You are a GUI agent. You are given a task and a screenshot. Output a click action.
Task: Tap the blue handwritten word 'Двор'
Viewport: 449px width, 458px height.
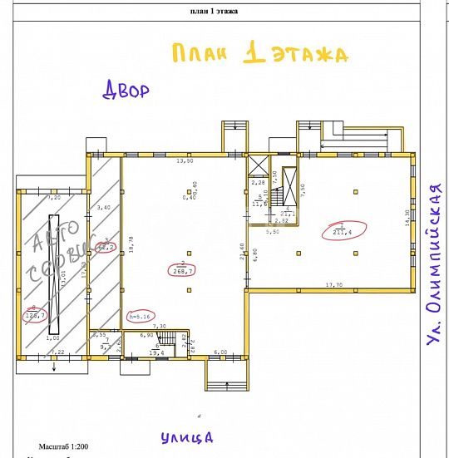coord(126,90)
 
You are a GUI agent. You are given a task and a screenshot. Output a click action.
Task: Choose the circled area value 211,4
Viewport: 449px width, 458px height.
coord(342,231)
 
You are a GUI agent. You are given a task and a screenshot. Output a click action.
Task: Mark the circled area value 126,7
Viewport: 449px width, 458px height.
coord(36,314)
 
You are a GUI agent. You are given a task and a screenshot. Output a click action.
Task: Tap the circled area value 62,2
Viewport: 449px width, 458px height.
coord(106,245)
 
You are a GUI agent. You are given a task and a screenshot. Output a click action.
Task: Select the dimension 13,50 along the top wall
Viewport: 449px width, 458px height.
coord(184,161)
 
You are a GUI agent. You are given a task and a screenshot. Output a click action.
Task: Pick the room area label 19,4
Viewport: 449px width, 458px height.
coord(156,352)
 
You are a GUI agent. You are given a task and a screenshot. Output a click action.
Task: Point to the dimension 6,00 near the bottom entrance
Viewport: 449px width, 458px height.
coord(220,352)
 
